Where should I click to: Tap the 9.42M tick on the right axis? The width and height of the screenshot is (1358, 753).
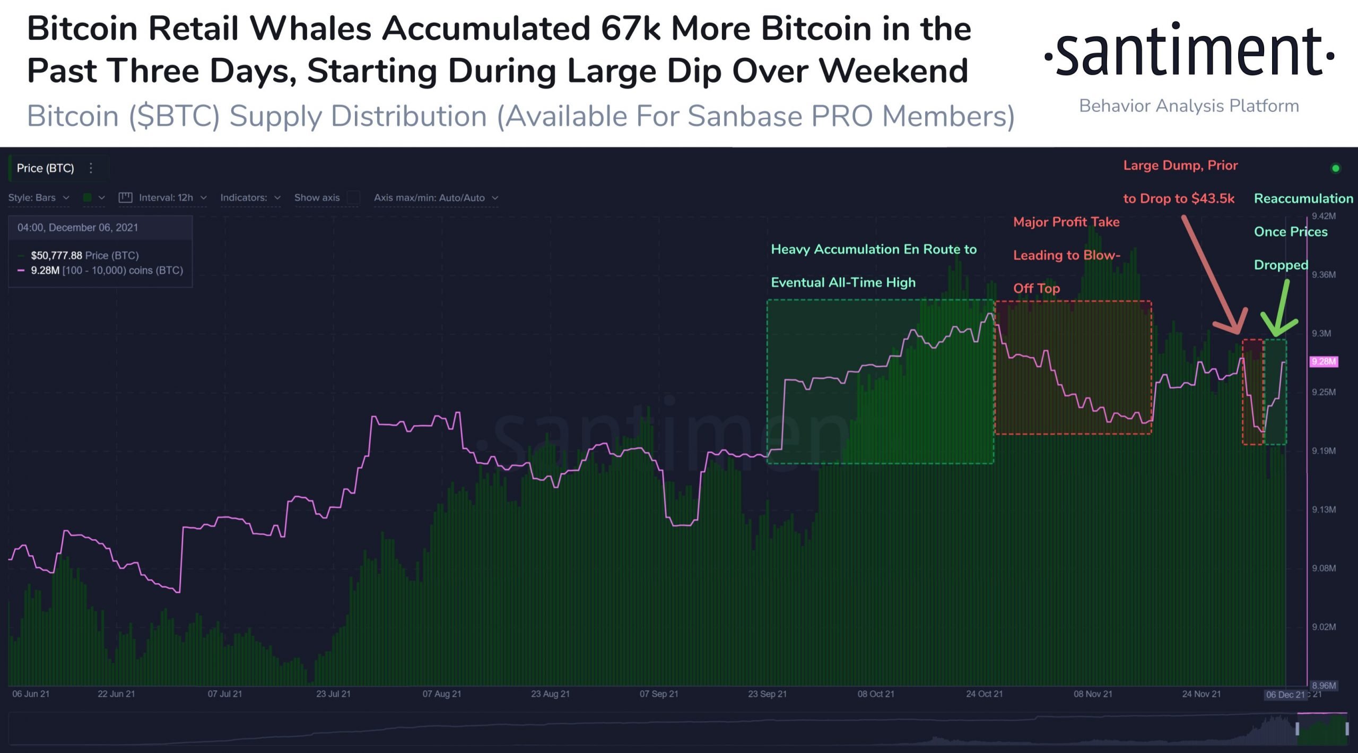click(1323, 216)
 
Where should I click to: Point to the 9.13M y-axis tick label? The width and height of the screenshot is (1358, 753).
click(1323, 509)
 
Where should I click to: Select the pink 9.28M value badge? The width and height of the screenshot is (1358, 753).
click(1324, 362)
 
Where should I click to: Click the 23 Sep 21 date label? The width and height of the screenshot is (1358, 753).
click(767, 694)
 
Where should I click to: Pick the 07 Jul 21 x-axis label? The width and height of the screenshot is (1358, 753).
click(224, 694)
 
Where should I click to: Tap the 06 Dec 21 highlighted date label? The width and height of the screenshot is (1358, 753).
click(1285, 695)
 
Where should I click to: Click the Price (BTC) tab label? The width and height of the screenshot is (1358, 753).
click(45, 168)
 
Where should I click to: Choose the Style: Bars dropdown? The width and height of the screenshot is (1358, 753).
click(38, 198)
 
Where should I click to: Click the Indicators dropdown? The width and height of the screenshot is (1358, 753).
click(250, 198)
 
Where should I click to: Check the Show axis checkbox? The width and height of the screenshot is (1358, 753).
click(353, 198)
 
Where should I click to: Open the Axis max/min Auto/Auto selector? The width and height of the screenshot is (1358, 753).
click(436, 198)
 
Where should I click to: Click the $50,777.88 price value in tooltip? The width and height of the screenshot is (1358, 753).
click(56, 256)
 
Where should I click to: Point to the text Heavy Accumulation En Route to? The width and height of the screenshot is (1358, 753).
click(873, 249)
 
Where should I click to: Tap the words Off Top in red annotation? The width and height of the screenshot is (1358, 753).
click(1036, 289)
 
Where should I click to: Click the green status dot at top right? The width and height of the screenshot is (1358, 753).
click(1336, 169)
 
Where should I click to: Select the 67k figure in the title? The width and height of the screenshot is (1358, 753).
click(630, 29)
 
